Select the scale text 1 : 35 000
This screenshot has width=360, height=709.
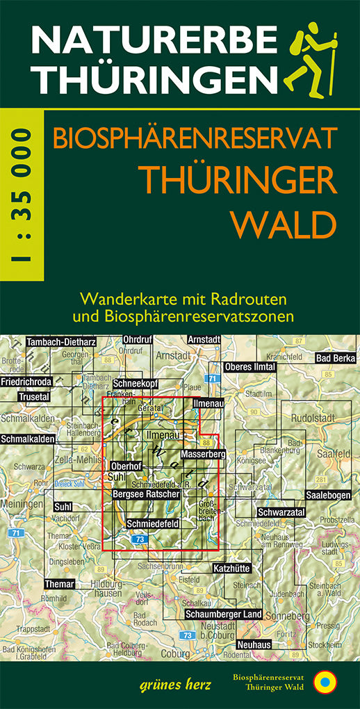21,195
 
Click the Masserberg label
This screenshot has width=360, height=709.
200,454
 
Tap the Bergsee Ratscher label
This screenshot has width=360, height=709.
145,494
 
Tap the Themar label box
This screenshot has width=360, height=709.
59,584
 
